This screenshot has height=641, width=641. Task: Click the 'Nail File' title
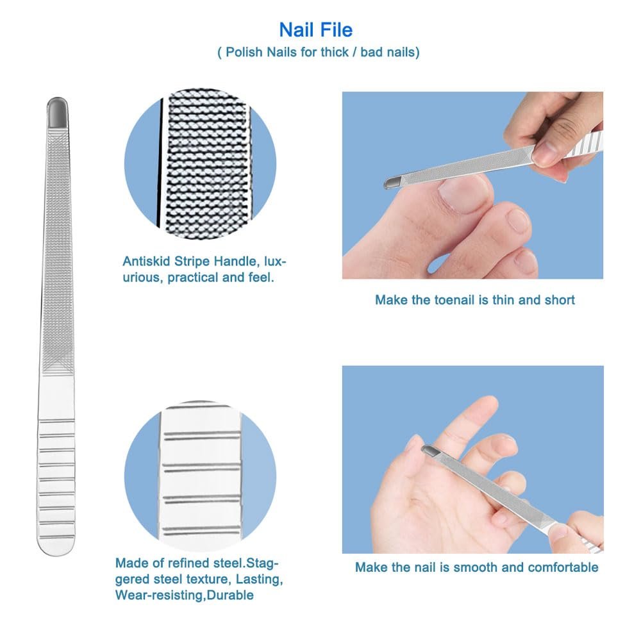315,30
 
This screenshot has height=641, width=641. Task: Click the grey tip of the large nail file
57,112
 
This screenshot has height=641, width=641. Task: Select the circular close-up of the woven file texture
200,164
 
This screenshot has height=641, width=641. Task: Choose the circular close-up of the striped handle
200,476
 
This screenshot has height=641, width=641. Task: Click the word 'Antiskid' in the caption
146,262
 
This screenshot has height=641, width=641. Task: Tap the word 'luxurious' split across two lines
204,269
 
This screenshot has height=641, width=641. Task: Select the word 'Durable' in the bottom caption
230,595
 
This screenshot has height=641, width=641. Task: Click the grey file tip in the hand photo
430,451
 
